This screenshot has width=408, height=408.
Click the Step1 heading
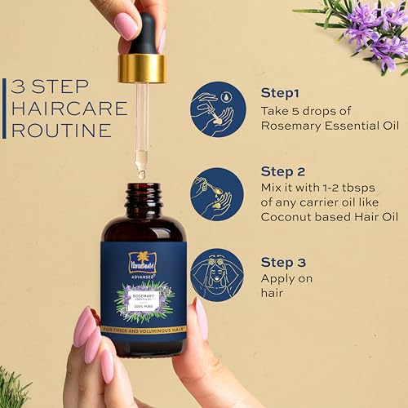[279, 93]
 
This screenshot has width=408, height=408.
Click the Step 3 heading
[282, 262]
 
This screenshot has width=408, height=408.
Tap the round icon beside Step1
[217, 109]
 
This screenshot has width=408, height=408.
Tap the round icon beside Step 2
[217, 193]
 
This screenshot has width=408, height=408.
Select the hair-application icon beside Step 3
[217, 275]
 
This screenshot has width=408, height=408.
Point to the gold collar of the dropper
[141, 69]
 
